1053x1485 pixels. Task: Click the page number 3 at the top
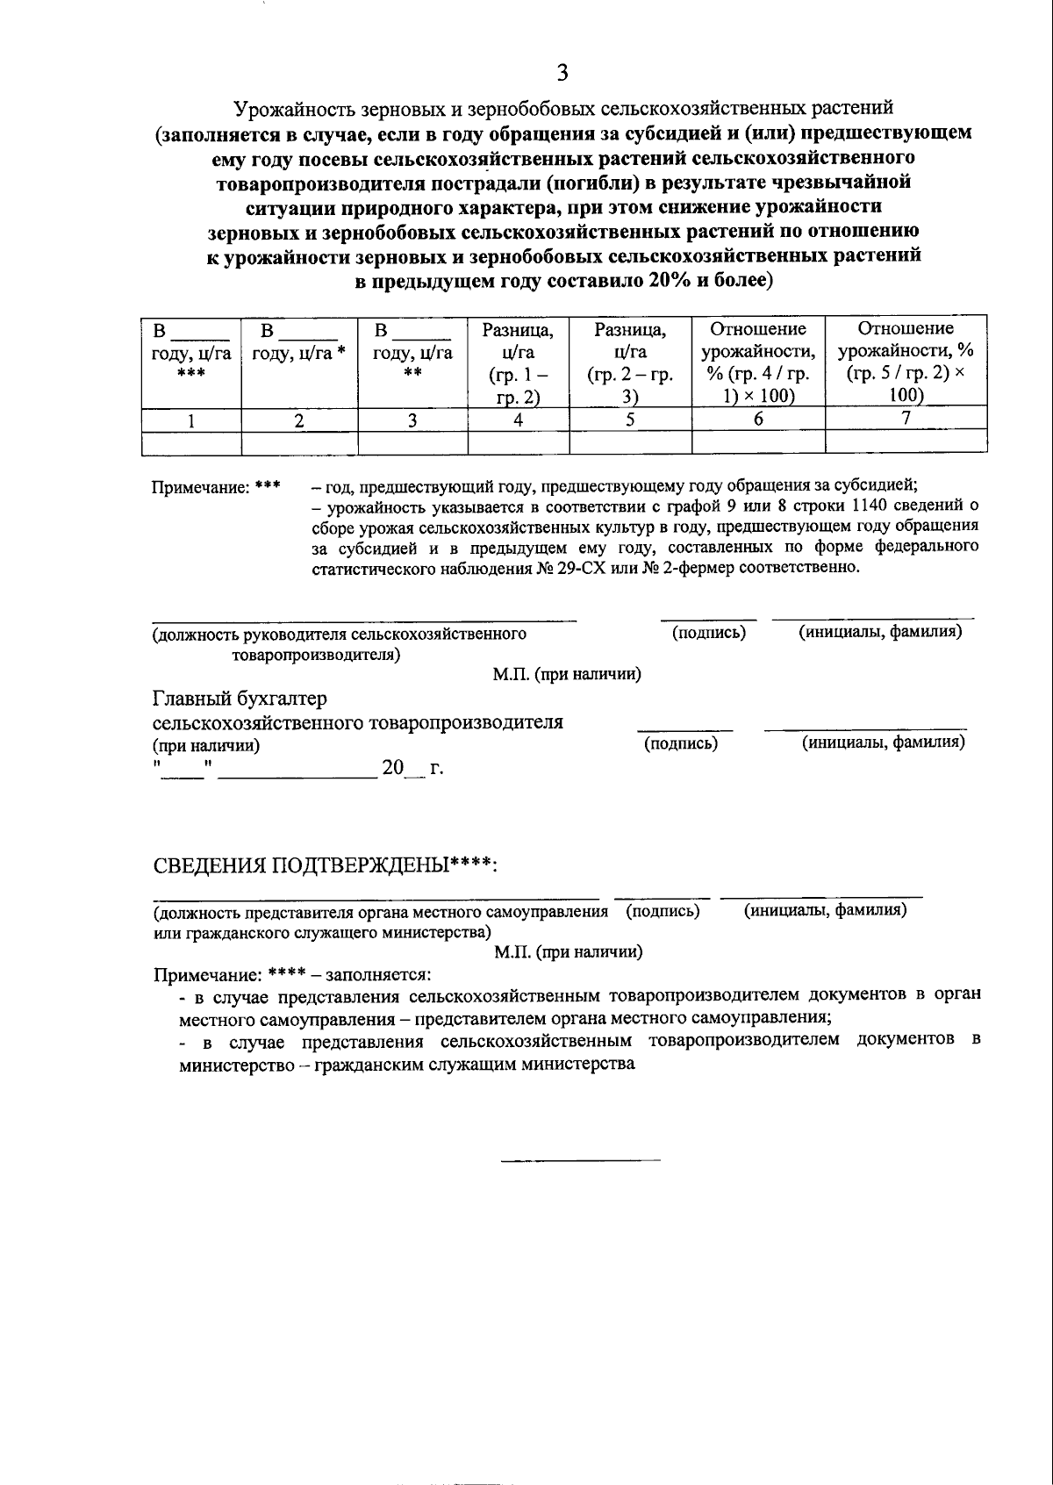tap(562, 73)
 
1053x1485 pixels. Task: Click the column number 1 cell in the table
tap(190, 420)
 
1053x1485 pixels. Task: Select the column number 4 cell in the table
tap(519, 420)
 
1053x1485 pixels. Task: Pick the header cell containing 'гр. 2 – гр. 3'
tap(630, 362)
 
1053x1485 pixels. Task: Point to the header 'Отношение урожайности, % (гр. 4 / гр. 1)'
tap(758, 362)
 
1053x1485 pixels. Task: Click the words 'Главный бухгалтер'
tap(240, 699)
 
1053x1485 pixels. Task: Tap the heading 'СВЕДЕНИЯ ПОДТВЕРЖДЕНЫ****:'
tap(326, 865)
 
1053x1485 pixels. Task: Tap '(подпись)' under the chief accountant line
tap(681, 744)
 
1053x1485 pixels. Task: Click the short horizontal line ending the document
tap(580, 1161)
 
